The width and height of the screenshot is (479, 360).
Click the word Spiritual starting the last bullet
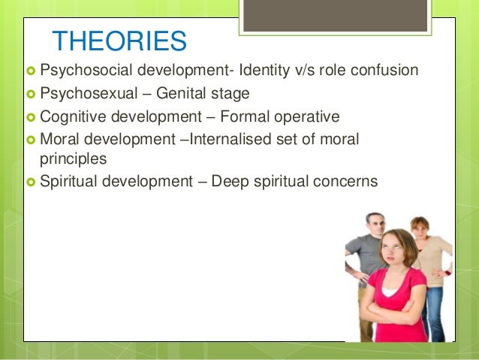tap(65, 182)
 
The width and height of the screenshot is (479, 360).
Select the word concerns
tap(348, 182)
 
